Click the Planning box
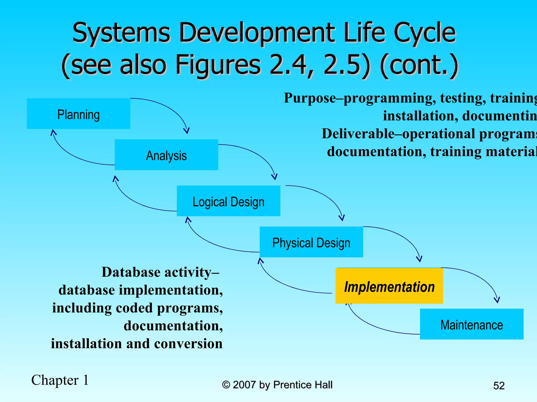pos(78,114)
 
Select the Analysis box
pos(166,155)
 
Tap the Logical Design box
pos(228,201)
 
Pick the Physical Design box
pos(311,242)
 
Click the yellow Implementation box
pos(389,286)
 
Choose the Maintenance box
pos(471,324)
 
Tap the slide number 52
pos(499,386)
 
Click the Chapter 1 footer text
pos(60,380)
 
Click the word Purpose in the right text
pos(310,98)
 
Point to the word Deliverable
pos(358,133)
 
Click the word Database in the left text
pos(131,272)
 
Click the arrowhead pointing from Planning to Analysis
pos(186,130)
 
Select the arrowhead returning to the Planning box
pos(53,132)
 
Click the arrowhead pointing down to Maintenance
pos(497,300)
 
